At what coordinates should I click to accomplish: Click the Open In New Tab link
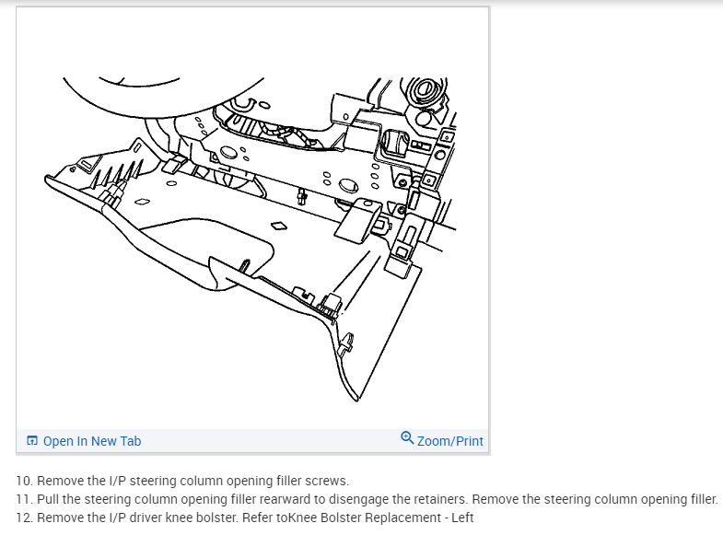(92, 441)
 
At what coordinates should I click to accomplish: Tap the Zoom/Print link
(449, 441)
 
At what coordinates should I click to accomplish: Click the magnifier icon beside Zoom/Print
(408, 439)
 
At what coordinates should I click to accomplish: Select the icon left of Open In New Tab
(32, 441)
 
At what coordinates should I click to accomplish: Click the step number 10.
(25, 481)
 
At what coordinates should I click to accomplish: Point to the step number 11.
(25, 499)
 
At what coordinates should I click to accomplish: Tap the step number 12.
(25, 518)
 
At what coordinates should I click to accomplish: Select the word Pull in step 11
(48, 499)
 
